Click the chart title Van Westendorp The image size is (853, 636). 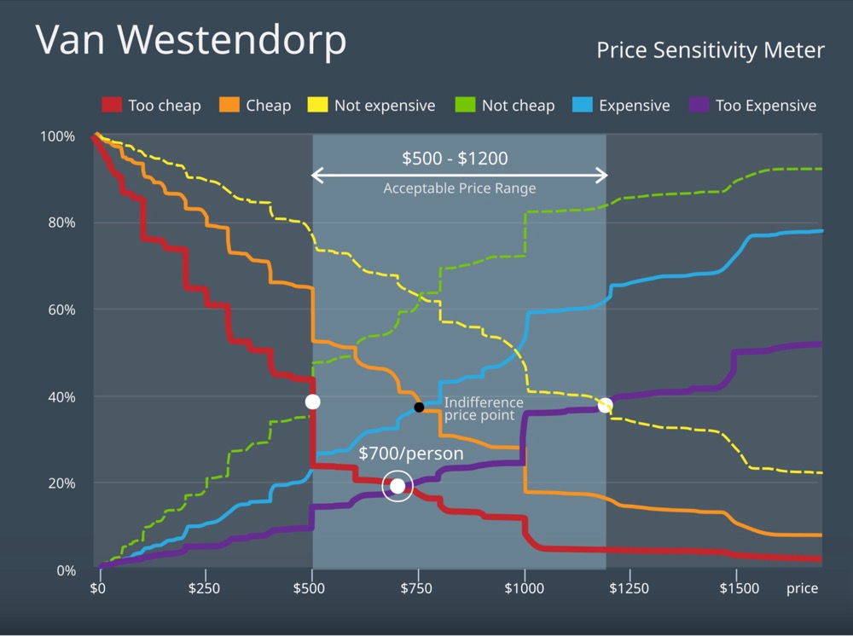pos(191,40)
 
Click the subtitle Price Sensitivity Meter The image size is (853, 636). pos(710,51)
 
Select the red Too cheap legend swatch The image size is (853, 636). pos(113,106)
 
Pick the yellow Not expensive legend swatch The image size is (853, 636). pos(318,106)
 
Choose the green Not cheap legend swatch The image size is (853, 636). pos(466,106)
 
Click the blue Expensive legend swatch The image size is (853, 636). pos(583,106)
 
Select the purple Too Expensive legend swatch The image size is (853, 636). pos(699,106)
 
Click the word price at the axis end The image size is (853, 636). pos(802,588)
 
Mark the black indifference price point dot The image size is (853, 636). pos(419,408)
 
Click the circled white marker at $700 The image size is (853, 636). pos(397,486)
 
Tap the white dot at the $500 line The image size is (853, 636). pos(312,402)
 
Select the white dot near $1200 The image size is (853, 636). pos(605,405)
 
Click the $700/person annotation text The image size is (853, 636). pos(410,454)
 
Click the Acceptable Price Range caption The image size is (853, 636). pos(459,188)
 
